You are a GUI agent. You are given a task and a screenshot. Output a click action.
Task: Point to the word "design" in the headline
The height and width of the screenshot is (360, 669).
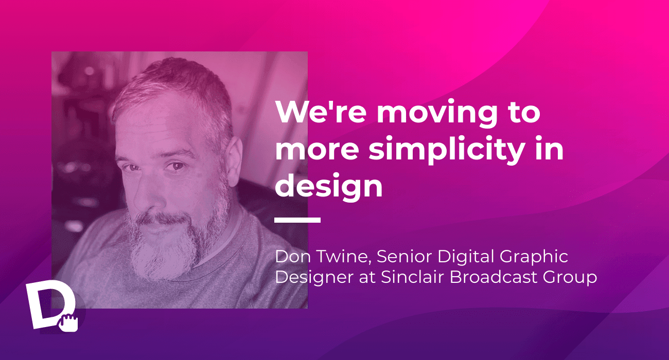(328, 186)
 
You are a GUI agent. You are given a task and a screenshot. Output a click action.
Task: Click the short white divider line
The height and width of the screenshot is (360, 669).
(297, 220)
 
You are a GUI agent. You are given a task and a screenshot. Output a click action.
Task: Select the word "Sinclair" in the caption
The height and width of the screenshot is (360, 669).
(413, 277)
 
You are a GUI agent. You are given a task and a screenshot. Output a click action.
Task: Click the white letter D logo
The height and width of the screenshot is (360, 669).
(50, 304)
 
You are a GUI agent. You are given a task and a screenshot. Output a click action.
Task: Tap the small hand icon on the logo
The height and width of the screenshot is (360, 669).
(68, 322)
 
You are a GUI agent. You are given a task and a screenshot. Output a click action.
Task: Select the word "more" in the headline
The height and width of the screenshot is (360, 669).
(317, 151)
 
